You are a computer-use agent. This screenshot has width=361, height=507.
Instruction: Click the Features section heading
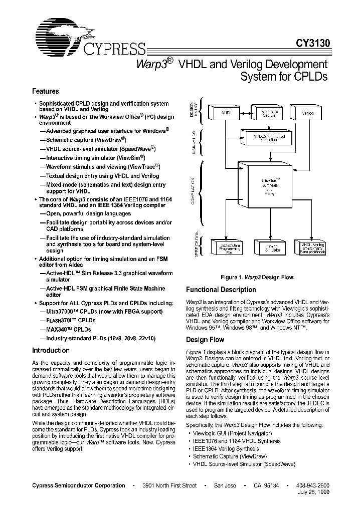pyautogui.click(x=46, y=91)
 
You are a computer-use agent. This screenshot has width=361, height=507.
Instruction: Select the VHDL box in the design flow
pyautogui.click(x=226, y=114)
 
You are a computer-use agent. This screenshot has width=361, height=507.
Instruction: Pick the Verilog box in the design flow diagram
pyautogui.click(x=307, y=114)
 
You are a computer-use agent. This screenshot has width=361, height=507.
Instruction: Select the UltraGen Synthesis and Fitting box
pyautogui.click(x=268, y=186)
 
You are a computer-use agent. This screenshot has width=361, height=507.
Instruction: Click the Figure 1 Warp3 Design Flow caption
pyautogui.click(x=257, y=277)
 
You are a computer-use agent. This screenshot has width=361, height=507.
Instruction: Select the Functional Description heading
pyautogui.click(x=221, y=290)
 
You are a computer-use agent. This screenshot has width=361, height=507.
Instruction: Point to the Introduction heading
pyautogui.click(x=51, y=350)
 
